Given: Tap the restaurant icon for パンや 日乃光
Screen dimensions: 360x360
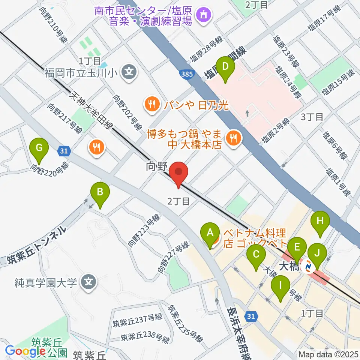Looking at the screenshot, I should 152,104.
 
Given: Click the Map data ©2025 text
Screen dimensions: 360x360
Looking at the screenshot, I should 328,354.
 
